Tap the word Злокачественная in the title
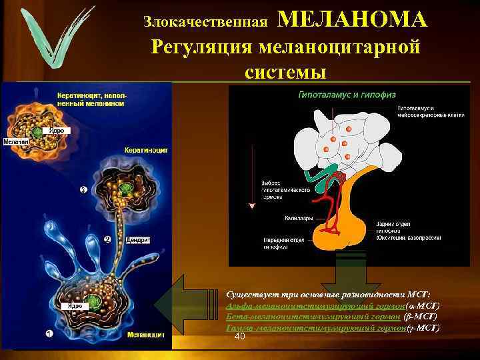205,22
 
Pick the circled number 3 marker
83,190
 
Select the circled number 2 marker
106,239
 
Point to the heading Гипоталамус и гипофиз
336,95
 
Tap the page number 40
241,337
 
